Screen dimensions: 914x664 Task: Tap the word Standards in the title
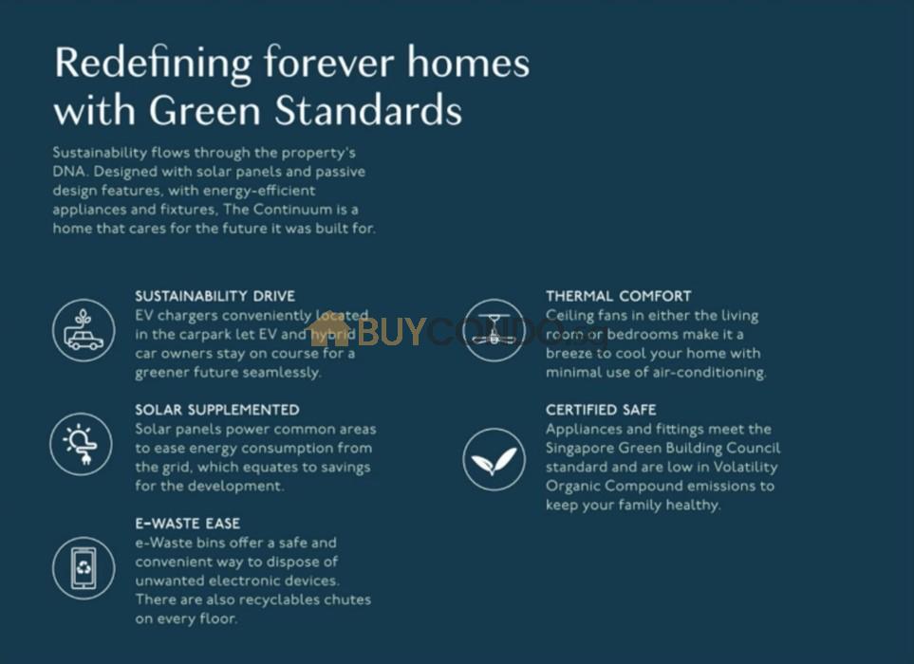point(368,109)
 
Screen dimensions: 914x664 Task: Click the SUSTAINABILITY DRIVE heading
point(215,296)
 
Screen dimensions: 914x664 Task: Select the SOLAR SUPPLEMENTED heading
point(217,410)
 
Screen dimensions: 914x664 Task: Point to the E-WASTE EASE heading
point(188,523)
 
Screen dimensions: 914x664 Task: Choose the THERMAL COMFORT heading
point(619,296)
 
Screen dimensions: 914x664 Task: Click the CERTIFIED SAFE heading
point(601,410)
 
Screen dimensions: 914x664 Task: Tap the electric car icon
point(84,330)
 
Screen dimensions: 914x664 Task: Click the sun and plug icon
point(81,444)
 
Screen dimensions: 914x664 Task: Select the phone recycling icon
point(84,568)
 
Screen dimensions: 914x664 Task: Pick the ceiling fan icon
point(494,330)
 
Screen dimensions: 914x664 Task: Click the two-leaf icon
point(494,459)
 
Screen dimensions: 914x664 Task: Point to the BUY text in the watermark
point(390,331)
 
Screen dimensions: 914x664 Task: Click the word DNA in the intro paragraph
point(68,172)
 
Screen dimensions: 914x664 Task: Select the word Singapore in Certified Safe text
point(579,449)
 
